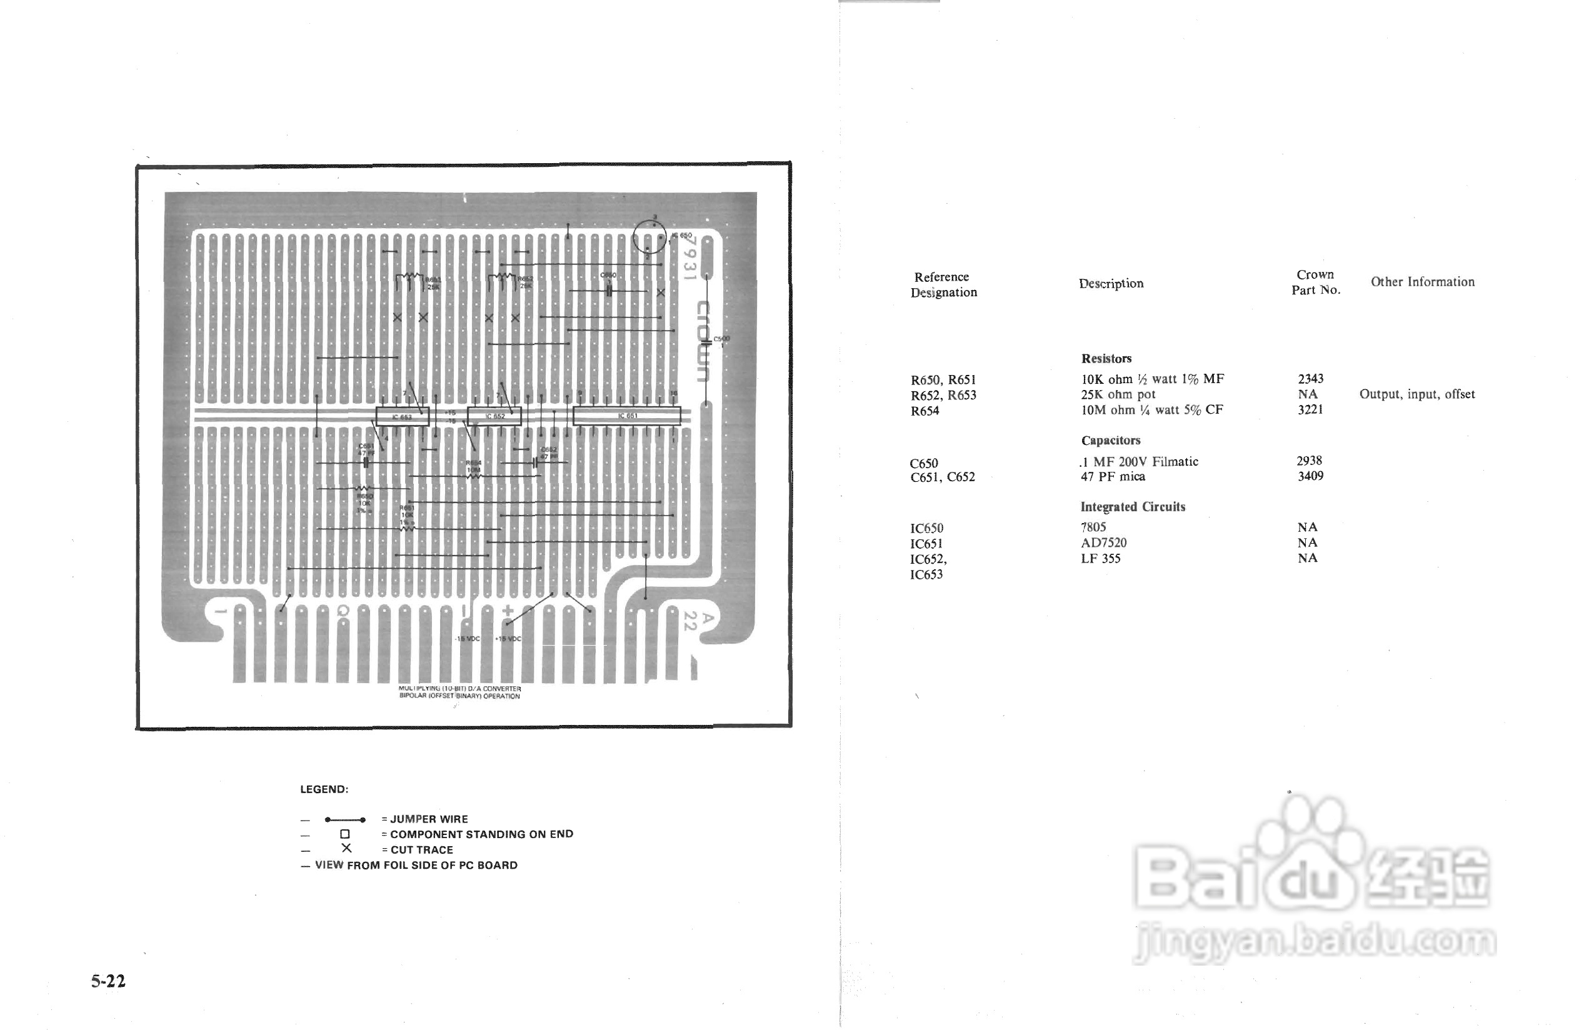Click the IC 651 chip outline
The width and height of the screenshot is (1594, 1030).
[627, 416]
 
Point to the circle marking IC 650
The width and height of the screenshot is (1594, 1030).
[649, 237]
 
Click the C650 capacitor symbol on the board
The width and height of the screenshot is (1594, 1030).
[609, 292]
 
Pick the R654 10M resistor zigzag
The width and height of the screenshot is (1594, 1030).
[473, 476]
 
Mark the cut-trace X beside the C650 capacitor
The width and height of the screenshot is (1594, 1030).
[660, 292]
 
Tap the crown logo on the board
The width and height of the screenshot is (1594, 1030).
[703, 341]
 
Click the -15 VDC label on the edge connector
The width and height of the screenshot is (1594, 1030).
[468, 639]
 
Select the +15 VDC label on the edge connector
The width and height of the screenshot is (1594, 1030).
[508, 639]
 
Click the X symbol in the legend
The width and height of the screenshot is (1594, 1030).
[346, 849]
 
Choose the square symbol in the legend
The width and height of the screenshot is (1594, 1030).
[344, 834]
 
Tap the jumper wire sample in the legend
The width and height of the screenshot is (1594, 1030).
[344, 819]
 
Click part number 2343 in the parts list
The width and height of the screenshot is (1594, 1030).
[1310, 379]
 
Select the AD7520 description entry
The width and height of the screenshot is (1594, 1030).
[1104, 542]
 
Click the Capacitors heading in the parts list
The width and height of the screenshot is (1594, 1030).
[1110, 440]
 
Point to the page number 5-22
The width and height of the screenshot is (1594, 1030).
[108, 981]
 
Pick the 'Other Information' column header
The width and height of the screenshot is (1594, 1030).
[1422, 282]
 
